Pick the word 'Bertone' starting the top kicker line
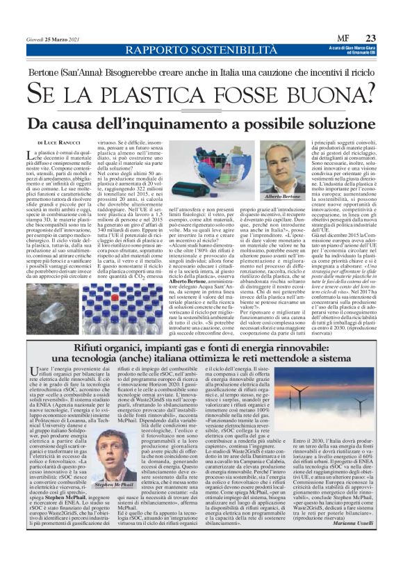click(x=46, y=71)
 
